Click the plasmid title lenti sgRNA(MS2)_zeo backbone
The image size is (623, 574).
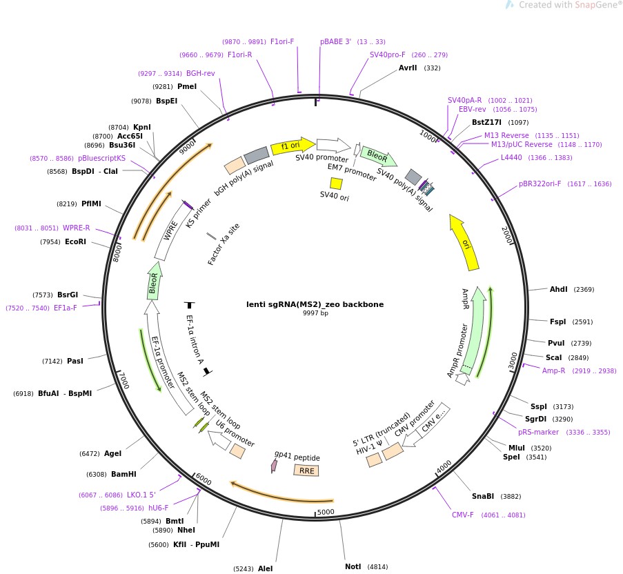pos(315,304)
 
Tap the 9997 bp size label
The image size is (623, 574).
pos(315,313)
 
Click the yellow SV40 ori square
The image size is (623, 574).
pos(336,183)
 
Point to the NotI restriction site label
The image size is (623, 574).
pos(353,566)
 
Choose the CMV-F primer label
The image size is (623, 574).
pos(463,515)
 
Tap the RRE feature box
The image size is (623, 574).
pos(306,471)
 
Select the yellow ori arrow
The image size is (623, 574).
pos(465,242)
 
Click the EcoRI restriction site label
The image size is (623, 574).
pos(75,241)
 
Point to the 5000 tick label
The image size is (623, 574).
pos(325,512)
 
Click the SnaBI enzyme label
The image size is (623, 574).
pos(482,496)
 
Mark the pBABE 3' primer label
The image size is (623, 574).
pos(335,41)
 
